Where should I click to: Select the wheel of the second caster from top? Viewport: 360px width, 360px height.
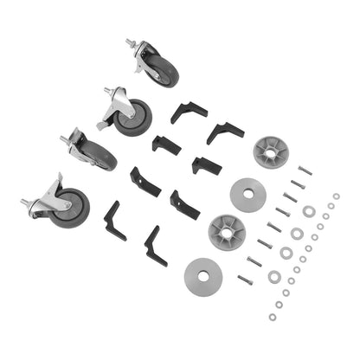(134, 119)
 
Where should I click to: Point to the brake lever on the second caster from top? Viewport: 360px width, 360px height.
(101, 126)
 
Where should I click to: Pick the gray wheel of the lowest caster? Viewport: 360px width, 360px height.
(70, 209)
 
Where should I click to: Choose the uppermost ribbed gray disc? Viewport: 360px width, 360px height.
(270, 151)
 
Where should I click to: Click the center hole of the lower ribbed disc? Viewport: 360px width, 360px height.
(227, 232)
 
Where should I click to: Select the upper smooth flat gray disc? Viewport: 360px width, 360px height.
(247, 192)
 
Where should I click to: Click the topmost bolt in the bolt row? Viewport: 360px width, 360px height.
(305, 170)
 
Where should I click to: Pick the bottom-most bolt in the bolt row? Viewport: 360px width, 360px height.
(245, 280)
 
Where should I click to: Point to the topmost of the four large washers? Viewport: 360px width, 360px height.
(297, 234)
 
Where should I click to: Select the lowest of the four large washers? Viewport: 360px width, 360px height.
(274, 277)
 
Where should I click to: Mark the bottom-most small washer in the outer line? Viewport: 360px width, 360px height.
(272, 316)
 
